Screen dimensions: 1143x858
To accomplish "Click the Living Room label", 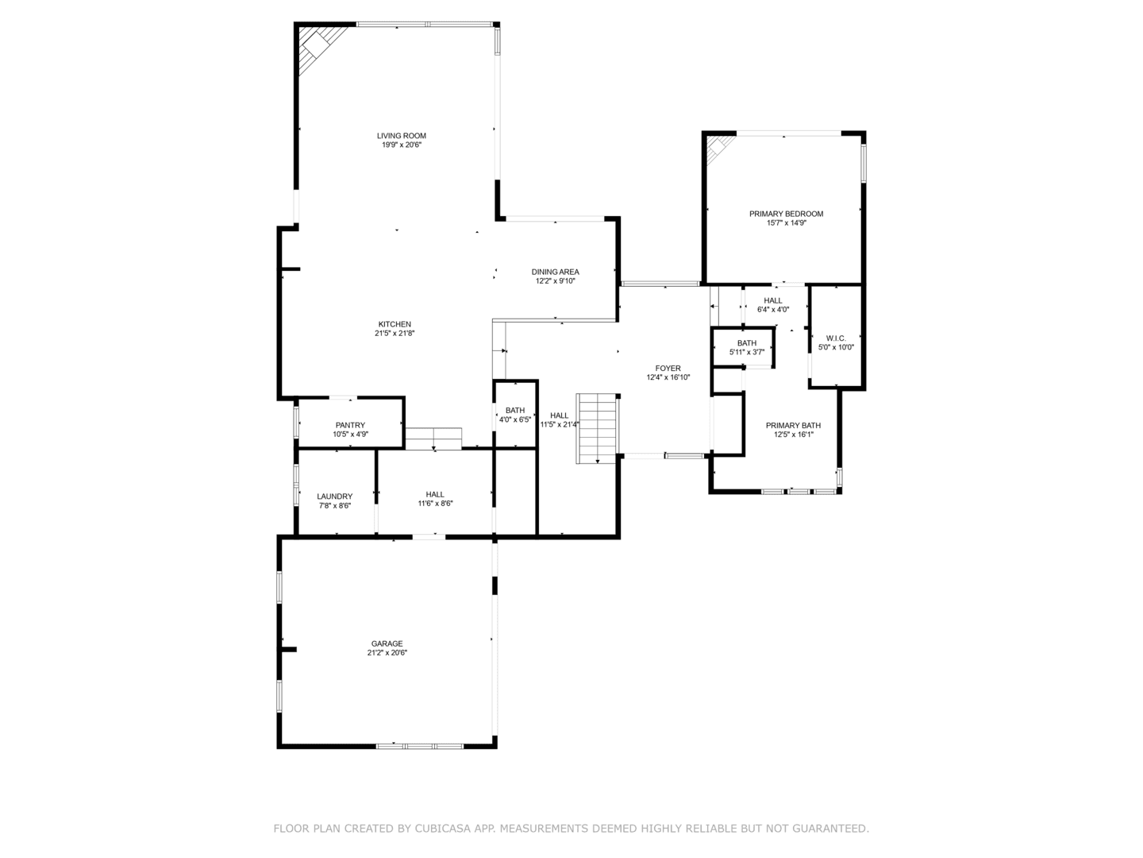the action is tap(402, 136).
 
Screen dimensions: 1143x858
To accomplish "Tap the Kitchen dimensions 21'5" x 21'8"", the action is tap(394, 334).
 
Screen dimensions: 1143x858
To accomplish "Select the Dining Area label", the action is tap(555, 272).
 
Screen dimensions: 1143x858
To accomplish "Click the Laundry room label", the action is tap(335, 497).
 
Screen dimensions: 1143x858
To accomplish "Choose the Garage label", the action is tap(387, 643).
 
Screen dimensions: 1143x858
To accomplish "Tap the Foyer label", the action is tap(668, 369).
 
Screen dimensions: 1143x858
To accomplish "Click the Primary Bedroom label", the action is tap(787, 214).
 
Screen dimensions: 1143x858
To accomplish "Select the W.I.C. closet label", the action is tap(837, 338).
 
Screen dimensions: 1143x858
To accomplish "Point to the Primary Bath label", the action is tap(793, 426).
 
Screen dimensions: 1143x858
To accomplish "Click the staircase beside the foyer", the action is tap(597, 429).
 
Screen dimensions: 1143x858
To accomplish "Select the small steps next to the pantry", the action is tap(433, 439).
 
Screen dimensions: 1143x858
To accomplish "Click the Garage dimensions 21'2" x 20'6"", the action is tap(387, 653).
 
